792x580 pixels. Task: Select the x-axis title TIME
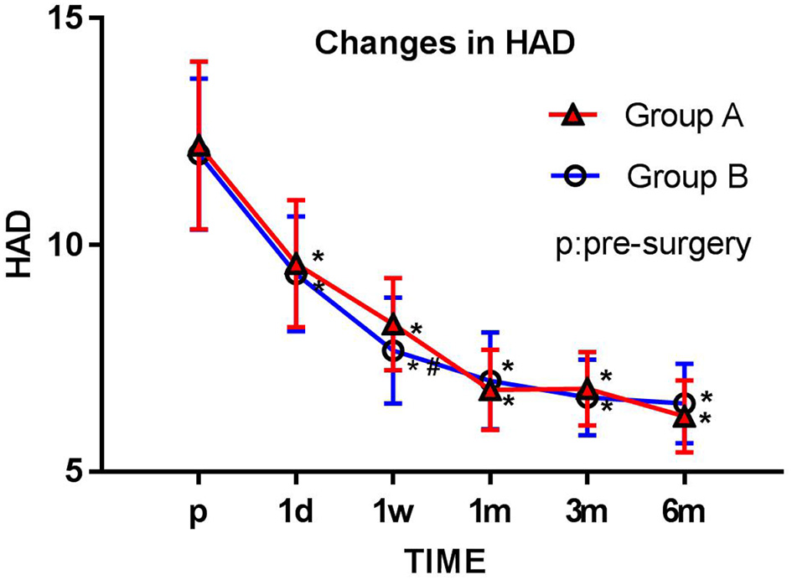pyautogui.click(x=442, y=558)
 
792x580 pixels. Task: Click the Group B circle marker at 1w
pyautogui.click(x=393, y=350)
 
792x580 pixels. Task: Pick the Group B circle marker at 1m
pyautogui.click(x=490, y=381)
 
